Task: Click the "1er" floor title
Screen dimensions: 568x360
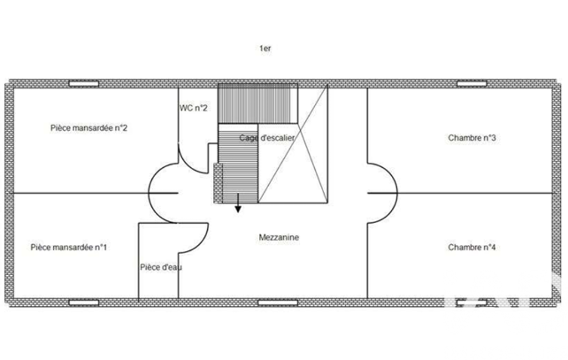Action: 265,48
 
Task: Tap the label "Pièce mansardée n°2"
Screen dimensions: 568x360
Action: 89,128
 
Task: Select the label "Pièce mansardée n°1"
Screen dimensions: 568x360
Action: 69,248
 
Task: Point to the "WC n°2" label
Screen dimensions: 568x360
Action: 193,108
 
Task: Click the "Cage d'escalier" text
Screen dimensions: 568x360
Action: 267,138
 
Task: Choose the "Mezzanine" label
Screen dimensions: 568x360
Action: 279,238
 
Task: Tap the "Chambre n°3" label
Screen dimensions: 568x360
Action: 472,138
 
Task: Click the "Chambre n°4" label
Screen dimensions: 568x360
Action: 472,248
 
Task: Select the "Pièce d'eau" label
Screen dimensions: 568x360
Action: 161,268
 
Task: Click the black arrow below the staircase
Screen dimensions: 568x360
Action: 238,203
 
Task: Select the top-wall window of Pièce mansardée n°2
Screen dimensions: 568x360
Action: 84,84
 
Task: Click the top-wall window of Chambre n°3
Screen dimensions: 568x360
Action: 472,84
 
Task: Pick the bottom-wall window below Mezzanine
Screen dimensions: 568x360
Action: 278,302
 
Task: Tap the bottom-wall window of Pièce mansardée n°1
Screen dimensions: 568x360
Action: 84,302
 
